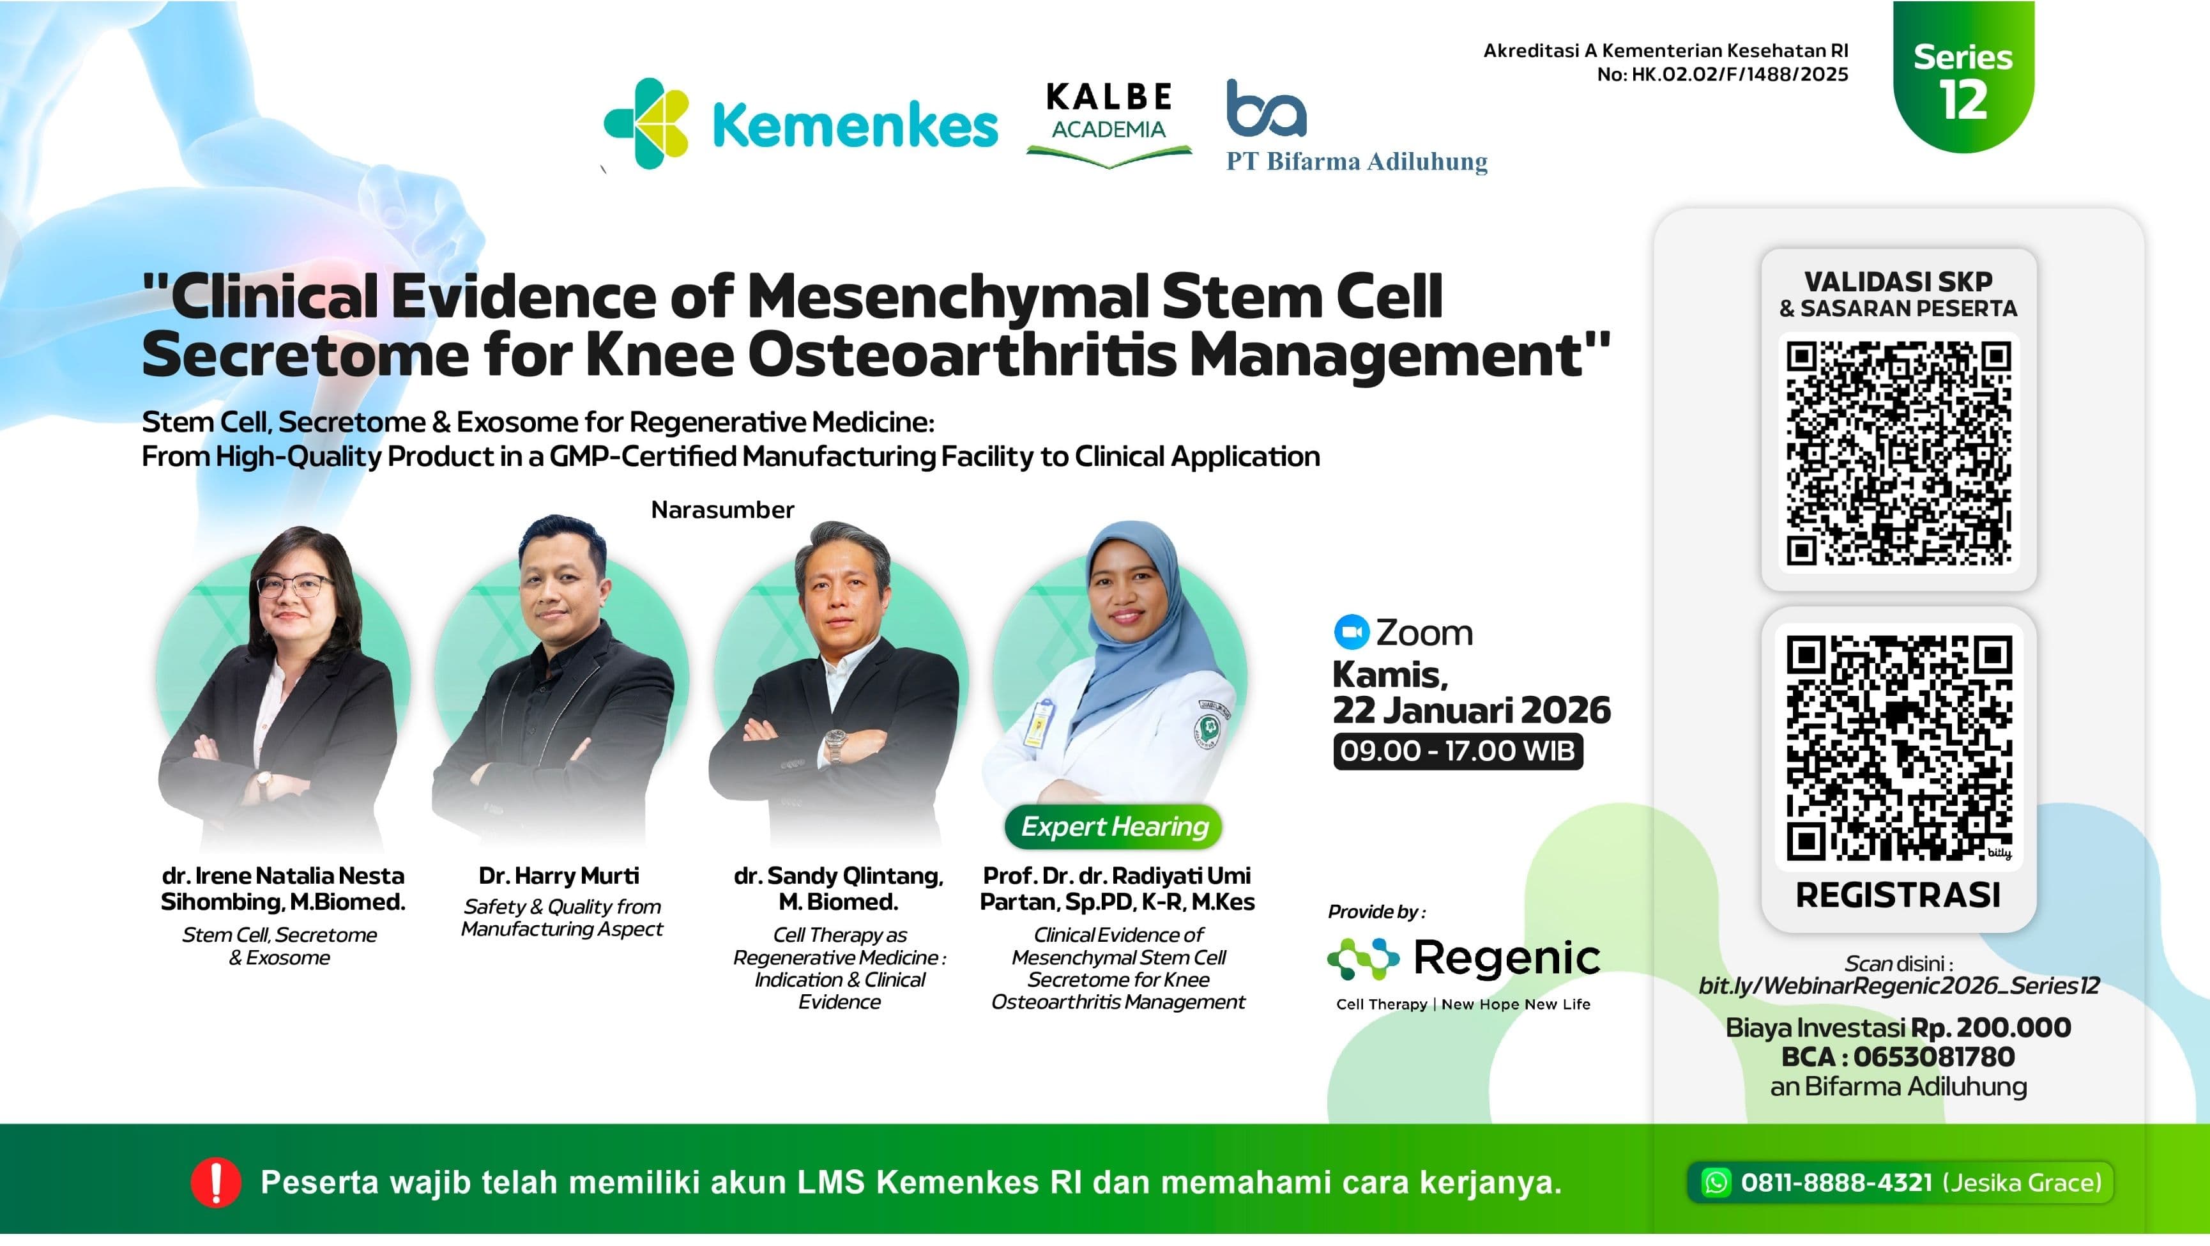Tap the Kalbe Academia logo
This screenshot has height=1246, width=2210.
(1108, 123)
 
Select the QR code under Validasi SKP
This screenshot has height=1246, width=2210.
(1898, 452)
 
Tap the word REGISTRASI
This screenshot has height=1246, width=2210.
(1898, 895)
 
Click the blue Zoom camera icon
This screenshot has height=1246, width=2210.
(1351, 633)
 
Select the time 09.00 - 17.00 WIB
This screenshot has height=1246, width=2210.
(1457, 751)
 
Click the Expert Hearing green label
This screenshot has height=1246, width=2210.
(1113, 826)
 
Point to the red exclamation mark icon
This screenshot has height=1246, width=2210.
(215, 1183)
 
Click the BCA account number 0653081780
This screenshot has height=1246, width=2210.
(1934, 1056)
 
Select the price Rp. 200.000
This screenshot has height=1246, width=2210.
(1990, 1027)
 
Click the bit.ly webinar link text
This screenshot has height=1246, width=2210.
(1898, 985)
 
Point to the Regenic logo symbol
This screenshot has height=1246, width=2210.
(1362, 958)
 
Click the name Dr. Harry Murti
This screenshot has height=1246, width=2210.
(558, 875)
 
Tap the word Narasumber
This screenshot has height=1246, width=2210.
(722, 510)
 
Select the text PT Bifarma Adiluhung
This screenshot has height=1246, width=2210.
(1357, 161)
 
